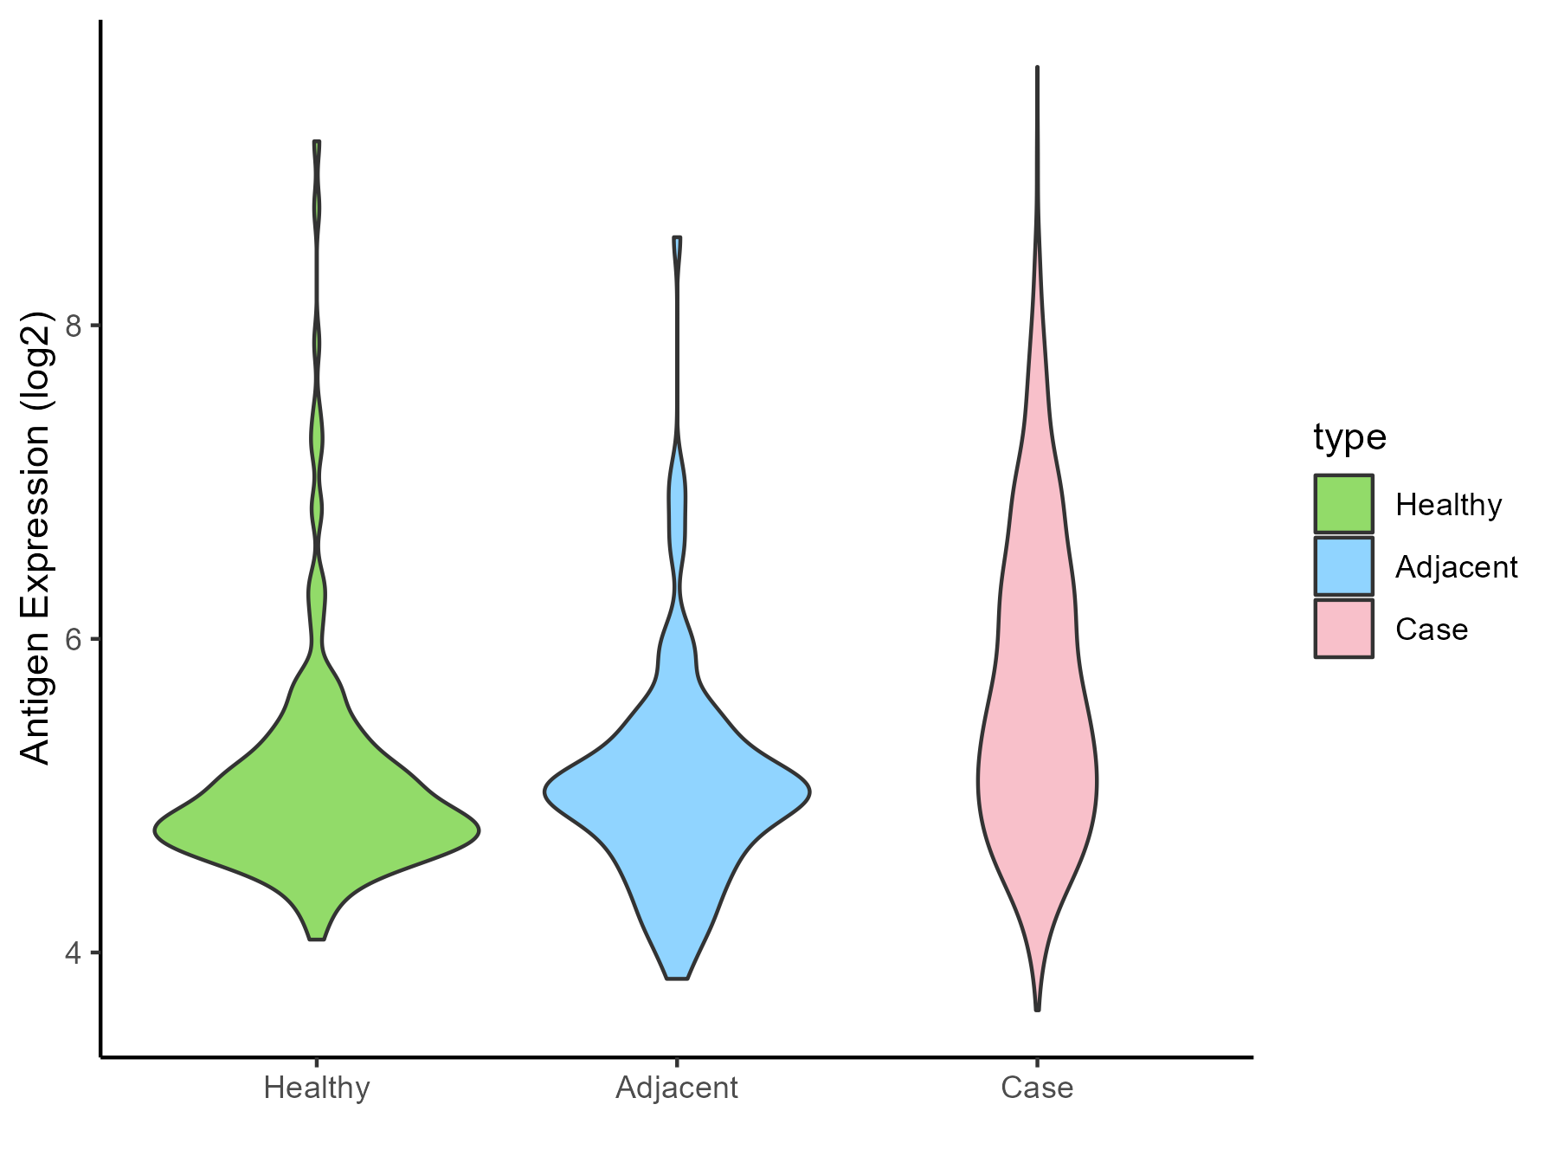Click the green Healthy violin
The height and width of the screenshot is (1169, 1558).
317,823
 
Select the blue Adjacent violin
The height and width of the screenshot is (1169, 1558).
677,797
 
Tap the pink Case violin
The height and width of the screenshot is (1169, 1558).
1037,736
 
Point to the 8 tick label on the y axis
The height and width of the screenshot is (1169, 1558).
73,326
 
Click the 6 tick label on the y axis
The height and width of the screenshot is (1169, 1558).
73,639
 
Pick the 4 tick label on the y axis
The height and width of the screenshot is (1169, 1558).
73,953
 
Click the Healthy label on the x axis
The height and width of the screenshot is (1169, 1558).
317,1088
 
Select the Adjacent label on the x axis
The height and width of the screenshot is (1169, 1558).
677,1088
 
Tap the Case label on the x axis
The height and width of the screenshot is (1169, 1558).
1037,1088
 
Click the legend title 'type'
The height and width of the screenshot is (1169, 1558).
1349,437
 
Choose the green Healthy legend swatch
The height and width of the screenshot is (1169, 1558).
1343,504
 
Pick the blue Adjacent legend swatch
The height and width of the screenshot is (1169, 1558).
1343,566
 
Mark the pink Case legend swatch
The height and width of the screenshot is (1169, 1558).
1343,629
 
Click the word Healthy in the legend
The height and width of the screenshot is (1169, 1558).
1448,504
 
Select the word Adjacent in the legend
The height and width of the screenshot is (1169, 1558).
1456,567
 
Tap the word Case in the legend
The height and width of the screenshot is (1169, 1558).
1431,630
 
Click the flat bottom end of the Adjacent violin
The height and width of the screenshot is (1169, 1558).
677,978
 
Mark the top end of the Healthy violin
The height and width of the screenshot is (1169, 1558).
317,142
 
